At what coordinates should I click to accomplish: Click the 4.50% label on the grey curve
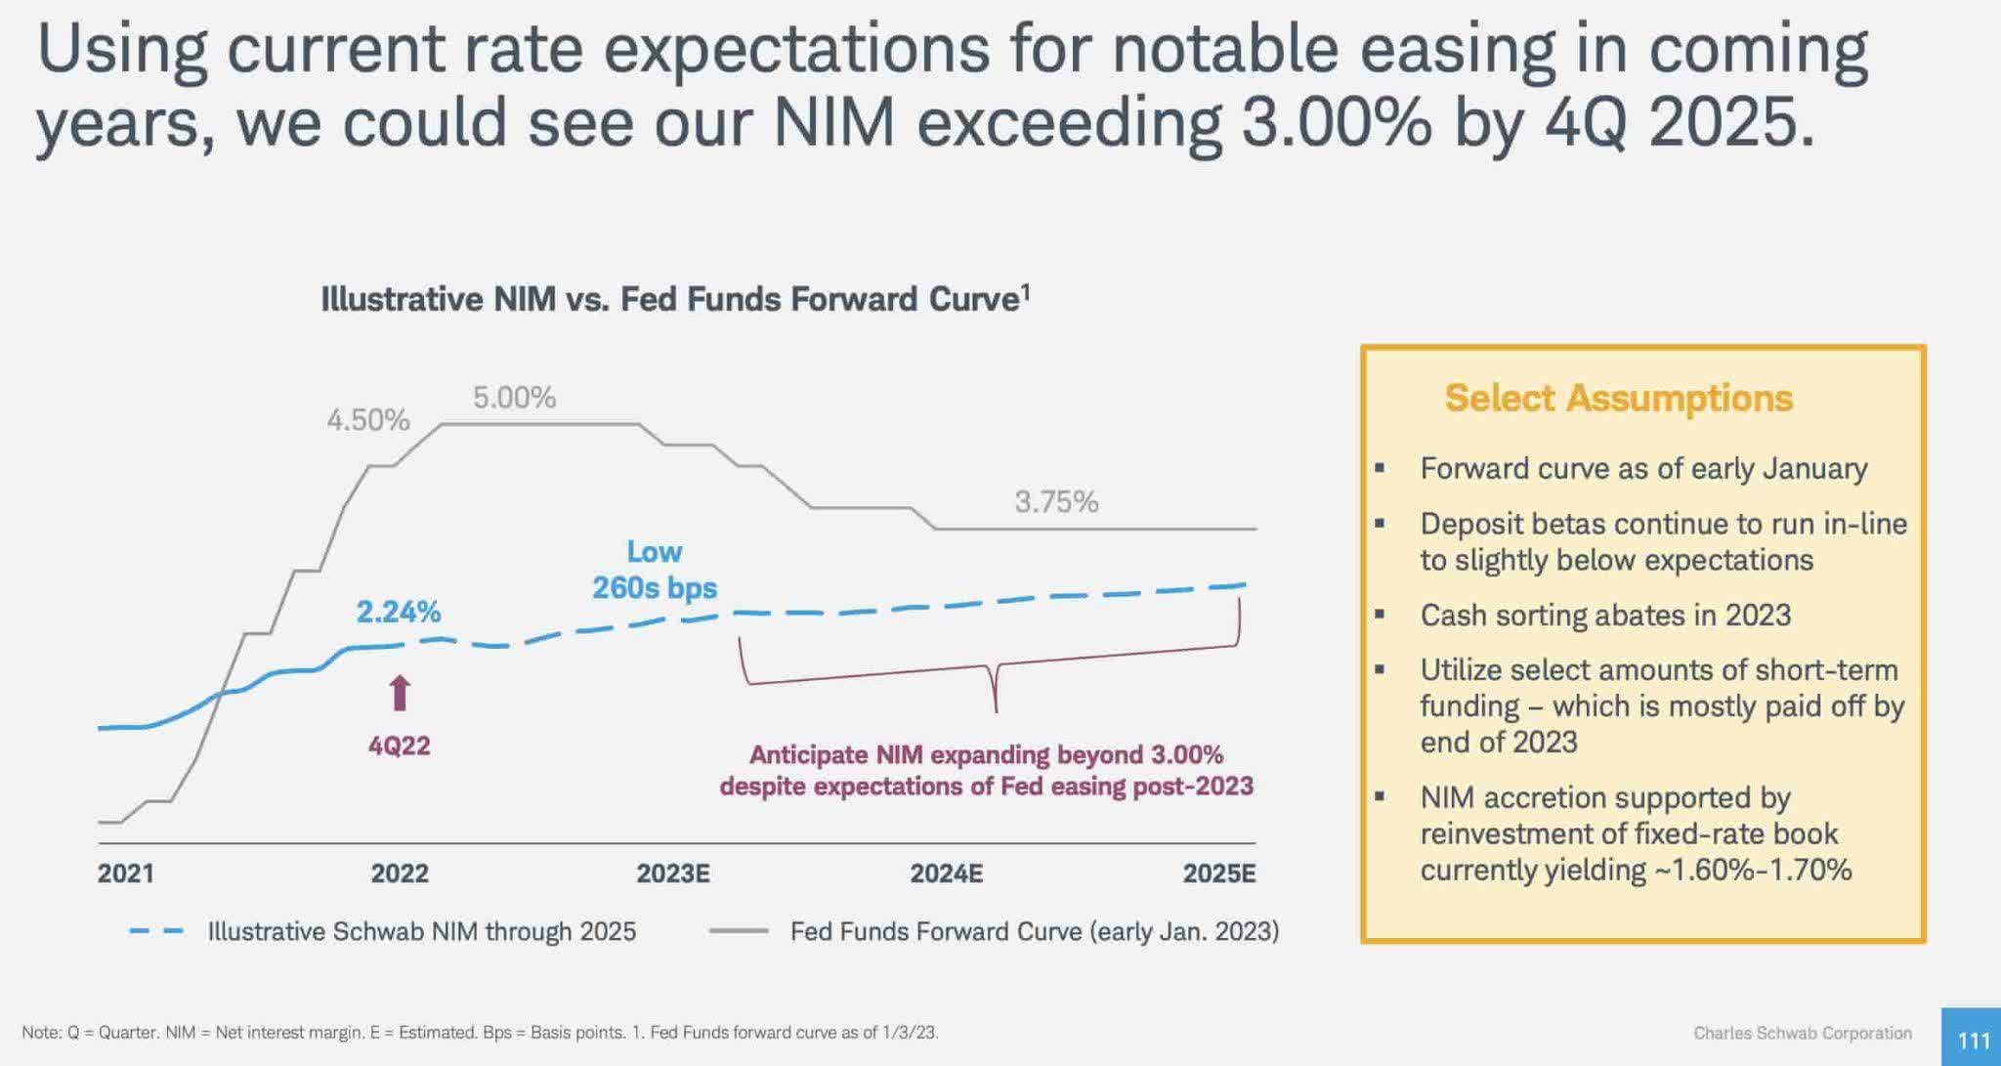367,420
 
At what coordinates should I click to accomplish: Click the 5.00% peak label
514,398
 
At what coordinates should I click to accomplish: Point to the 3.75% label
1055,502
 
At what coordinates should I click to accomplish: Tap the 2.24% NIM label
398,612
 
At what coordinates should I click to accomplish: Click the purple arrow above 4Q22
399,693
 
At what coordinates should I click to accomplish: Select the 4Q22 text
399,746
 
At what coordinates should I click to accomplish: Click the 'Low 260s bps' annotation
654,570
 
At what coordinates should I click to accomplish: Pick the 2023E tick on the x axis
672,873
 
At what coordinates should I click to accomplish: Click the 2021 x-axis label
125,873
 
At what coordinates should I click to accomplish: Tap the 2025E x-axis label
1218,873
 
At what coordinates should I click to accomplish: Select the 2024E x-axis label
946,873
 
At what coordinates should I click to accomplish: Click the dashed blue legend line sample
156,931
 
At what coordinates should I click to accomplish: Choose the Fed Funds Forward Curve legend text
1034,931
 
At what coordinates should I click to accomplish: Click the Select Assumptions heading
1618,399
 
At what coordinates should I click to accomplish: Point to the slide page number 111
1973,1041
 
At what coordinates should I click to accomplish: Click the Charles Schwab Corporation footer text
1802,1033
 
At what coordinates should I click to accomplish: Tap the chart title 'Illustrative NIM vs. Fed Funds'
674,299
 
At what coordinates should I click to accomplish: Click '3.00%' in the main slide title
1336,123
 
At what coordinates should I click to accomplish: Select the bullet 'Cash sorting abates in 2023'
1604,615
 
